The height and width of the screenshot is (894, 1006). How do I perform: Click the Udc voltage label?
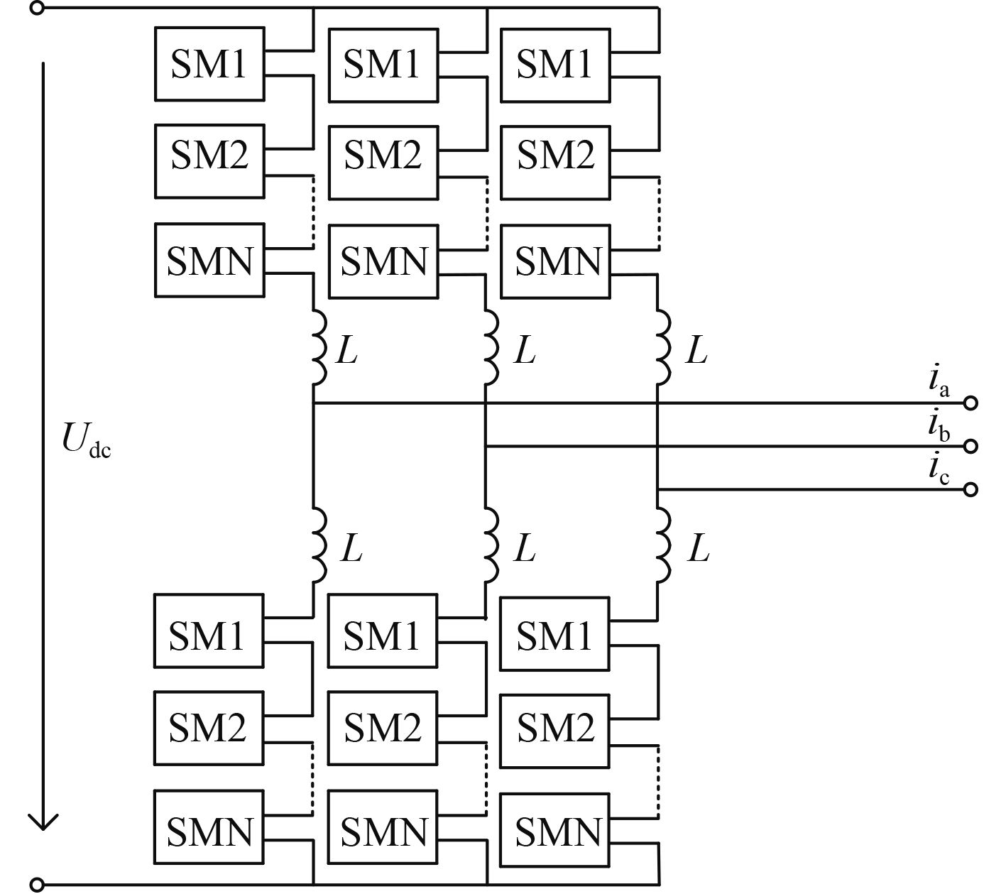[x=86, y=440]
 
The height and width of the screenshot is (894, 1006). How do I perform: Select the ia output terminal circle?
[x=971, y=403]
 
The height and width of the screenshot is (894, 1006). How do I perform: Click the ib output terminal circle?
[x=971, y=446]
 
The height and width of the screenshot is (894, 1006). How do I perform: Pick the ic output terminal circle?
[x=971, y=489]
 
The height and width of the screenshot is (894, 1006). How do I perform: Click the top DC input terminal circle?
[x=38, y=8]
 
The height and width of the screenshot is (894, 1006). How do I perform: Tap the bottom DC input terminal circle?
[x=38, y=885]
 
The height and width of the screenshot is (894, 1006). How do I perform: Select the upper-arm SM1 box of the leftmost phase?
[x=209, y=64]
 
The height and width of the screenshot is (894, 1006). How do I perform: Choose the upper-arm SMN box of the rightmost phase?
[x=555, y=261]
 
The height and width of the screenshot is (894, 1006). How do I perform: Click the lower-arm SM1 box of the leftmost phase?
[x=209, y=631]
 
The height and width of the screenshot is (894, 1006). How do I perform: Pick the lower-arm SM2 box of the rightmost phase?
[x=554, y=731]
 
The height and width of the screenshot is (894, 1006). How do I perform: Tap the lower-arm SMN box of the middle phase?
[x=383, y=830]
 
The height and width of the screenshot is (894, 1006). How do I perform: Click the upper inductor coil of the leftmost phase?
[x=318, y=347]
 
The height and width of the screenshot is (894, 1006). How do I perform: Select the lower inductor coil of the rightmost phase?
[x=663, y=545]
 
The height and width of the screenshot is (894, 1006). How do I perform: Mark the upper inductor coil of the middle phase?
[x=491, y=347]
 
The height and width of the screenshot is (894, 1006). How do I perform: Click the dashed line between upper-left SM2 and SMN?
[x=313, y=212]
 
